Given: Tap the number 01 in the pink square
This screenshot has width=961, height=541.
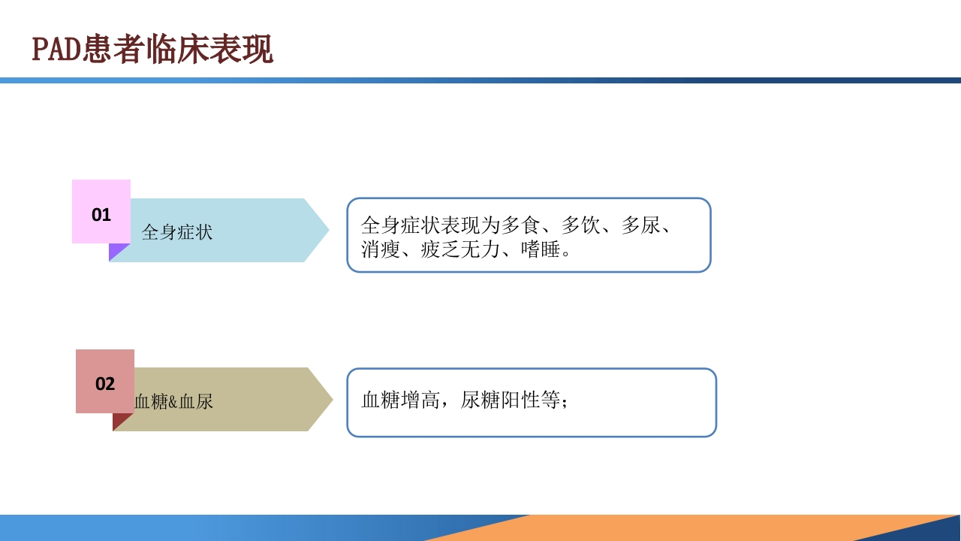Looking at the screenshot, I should coord(101,214).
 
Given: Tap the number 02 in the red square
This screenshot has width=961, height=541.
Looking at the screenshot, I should coord(105,384).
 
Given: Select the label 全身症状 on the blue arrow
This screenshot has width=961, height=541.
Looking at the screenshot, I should coord(177,232).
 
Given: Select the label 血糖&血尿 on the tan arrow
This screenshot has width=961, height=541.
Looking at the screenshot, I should coord(173,402).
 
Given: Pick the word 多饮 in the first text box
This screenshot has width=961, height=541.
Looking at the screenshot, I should coord(580,225).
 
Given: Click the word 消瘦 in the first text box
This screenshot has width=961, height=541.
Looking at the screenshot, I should coord(381,249).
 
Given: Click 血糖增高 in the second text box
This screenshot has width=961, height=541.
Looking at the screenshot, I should coord(401,400).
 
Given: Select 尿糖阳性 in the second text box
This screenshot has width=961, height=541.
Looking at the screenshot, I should coord(500,400).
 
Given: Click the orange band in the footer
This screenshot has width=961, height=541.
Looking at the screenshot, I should coord(676,528).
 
